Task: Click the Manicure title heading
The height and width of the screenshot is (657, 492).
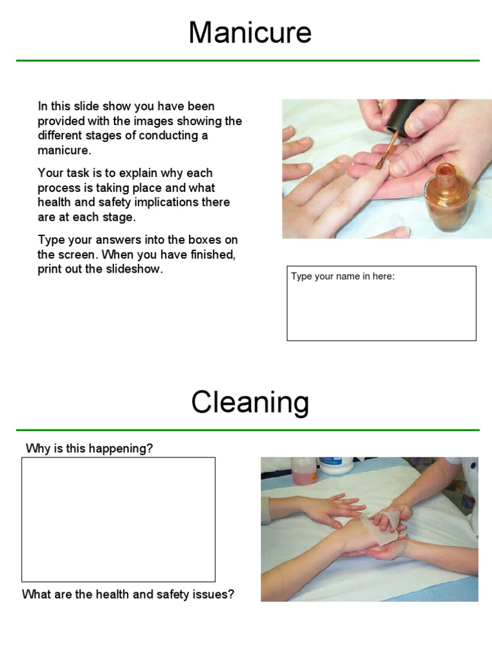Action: (250, 33)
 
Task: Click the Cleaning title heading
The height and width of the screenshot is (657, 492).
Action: (250, 403)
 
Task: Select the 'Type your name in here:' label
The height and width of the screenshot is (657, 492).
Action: (343, 277)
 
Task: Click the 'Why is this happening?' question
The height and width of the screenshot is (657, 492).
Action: (89, 448)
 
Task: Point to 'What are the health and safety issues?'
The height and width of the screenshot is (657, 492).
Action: (128, 594)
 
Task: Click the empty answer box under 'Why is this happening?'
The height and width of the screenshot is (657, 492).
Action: (119, 519)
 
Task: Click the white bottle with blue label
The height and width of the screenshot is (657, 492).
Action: (336, 465)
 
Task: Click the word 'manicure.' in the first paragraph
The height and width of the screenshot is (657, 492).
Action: (65, 151)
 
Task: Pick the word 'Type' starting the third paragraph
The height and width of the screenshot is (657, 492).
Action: (50, 240)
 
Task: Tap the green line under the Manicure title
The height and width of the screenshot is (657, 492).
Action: (247, 61)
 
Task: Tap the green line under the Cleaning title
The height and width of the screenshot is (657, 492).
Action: (247, 430)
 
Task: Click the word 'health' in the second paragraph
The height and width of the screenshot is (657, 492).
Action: (54, 203)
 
